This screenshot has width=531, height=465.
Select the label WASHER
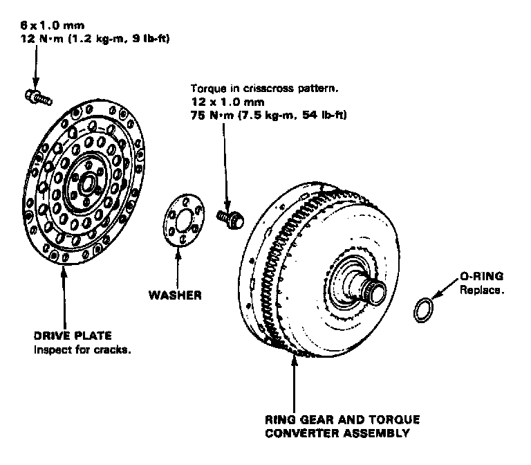tap(176, 295)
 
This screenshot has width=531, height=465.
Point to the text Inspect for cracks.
tap(82, 349)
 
